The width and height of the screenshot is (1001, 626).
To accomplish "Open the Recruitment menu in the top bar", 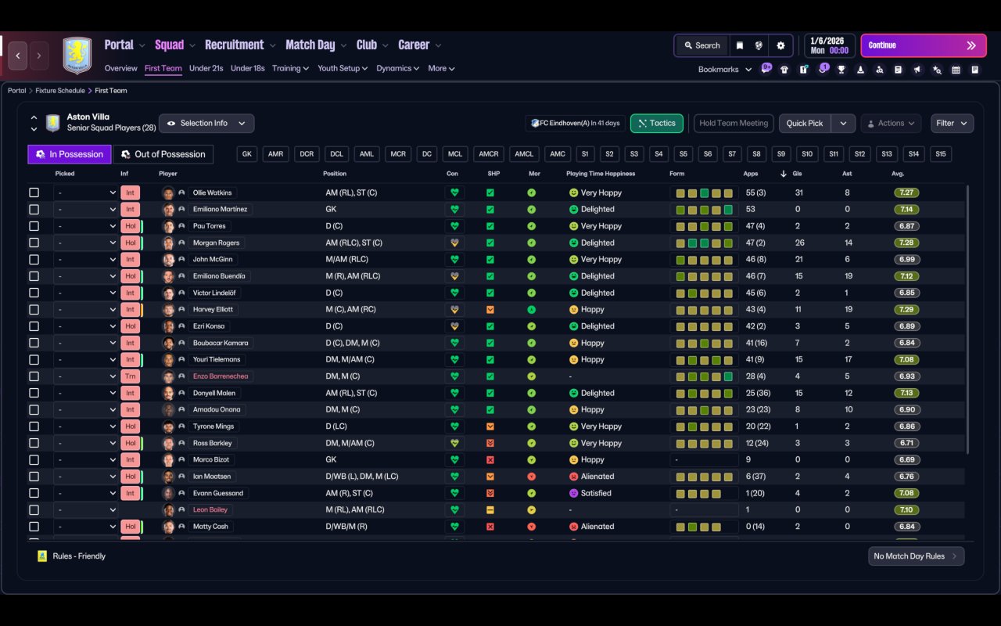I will [x=235, y=45].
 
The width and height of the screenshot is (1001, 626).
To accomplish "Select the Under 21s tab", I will [x=206, y=68].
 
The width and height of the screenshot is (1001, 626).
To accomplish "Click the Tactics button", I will [x=656, y=123].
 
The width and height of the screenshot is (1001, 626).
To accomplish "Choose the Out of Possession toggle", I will [x=163, y=154].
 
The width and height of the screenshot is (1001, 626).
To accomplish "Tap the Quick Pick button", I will [x=805, y=123].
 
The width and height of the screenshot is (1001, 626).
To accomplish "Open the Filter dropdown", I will [x=952, y=123].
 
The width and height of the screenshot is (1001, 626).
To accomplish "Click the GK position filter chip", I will [x=247, y=154].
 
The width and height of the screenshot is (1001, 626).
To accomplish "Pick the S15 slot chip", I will [x=940, y=154].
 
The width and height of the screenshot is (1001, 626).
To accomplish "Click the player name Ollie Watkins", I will [x=212, y=192].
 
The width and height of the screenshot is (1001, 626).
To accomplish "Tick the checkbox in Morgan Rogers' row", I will [x=34, y=243].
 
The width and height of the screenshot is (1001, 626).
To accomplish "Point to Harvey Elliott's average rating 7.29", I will [x=906, y=309].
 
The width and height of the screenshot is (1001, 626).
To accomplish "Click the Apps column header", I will [x=751, y=174].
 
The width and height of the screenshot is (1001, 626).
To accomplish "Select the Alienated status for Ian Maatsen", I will [x=597, y=477].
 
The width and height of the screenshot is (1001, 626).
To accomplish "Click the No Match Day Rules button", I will [x=916, y=556].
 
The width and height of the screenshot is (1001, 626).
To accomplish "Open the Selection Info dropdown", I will [x=206, y=123].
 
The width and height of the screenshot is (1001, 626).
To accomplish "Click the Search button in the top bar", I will [x=701, y=45].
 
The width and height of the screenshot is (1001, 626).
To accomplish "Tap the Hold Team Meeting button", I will [x=734, y=123].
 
